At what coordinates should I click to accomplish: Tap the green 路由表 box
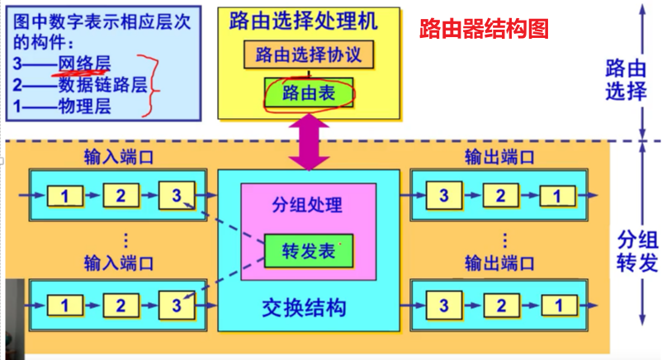click(x=309, y=93)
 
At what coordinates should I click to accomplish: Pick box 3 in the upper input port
click(x=174, y=196)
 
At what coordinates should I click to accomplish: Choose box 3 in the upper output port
click(x=445, y=196)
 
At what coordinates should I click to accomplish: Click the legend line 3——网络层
click(x=61, y=63)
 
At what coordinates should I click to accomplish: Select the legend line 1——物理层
click(x=61, y=106)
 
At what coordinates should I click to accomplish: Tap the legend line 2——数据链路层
click(x=79, y=84)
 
